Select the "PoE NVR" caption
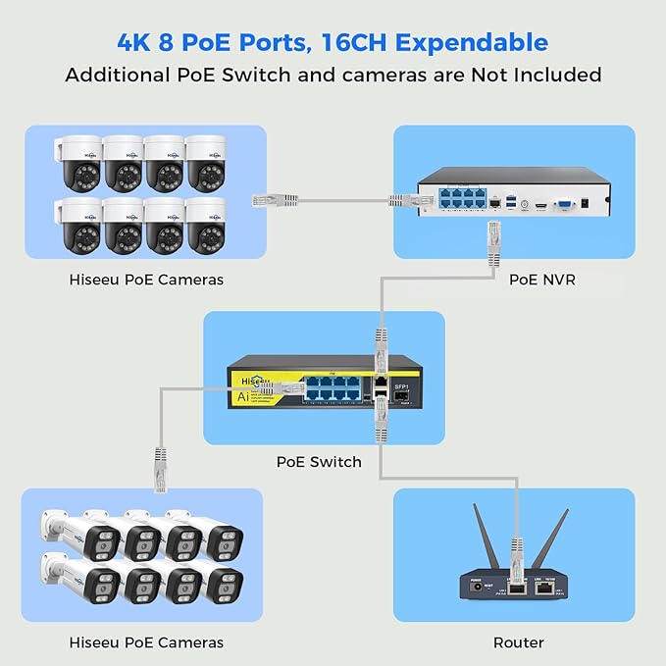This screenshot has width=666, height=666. pos(541,280)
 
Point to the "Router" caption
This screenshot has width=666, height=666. pos(519,642)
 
